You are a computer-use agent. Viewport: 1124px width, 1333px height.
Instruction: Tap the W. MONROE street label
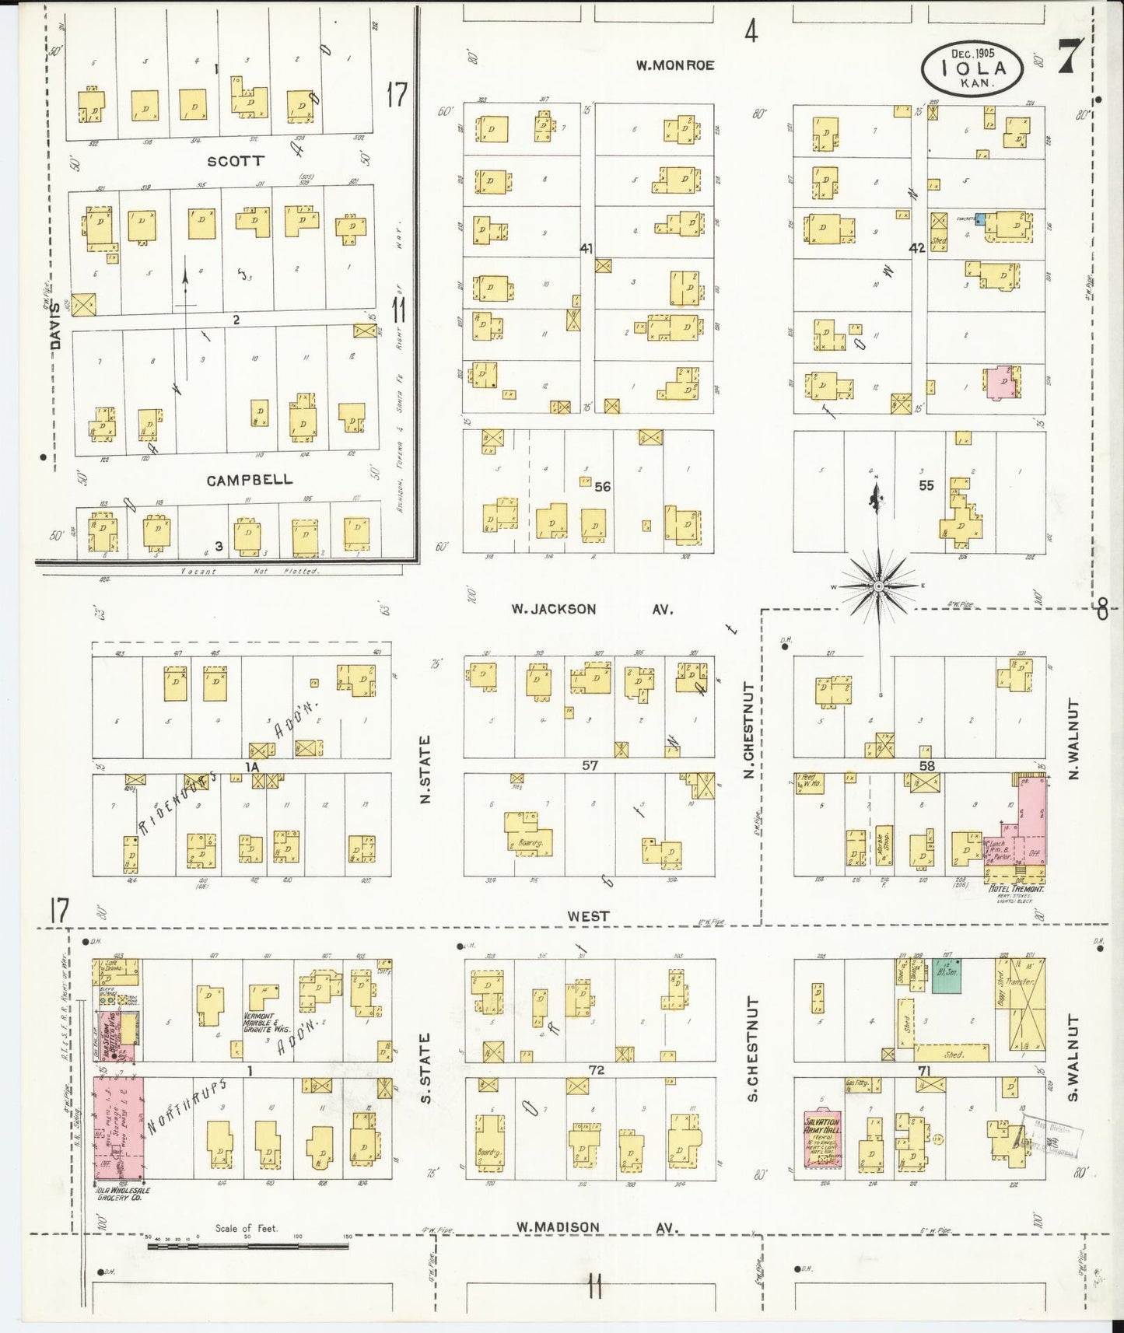click(674, 65)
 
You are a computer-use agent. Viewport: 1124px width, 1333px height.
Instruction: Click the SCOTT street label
click(235, 161)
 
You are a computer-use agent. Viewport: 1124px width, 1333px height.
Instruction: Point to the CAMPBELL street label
click(250, 480)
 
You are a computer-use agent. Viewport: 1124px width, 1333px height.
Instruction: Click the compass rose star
click(878, 586)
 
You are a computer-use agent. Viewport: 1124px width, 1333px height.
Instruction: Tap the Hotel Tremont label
click(1014, 888)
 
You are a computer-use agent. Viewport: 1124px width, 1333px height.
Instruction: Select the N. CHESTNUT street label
click(749, 729)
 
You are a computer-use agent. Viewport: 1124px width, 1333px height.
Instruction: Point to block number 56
click(602, 487)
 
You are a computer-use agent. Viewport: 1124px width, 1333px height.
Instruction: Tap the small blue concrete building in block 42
click(980, 220)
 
